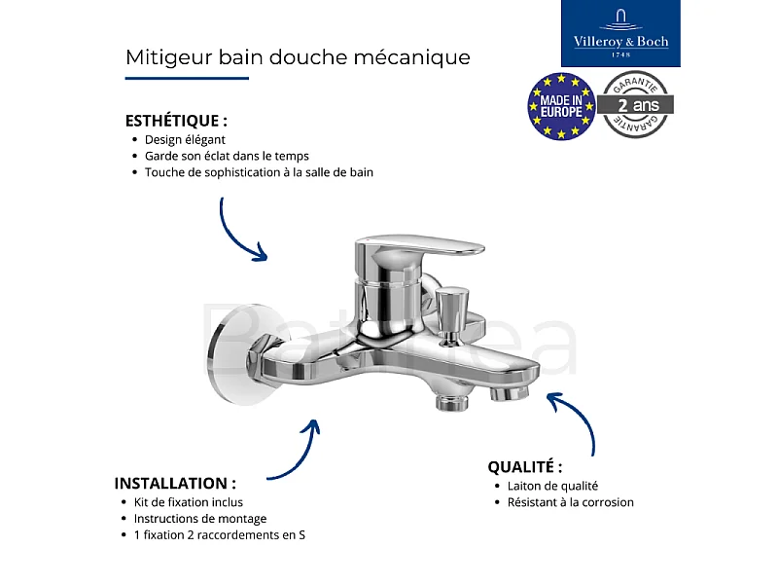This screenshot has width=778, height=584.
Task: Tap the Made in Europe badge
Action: tap(561, 105)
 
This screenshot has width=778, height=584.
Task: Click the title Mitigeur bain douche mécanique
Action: tap(298, 57)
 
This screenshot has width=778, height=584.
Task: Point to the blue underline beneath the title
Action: tap(187, 78)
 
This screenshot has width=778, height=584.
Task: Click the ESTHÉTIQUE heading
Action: tap(176, 122)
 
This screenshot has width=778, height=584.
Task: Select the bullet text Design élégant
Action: tap(185, 139)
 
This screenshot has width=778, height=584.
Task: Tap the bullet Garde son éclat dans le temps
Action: tap(227, 156)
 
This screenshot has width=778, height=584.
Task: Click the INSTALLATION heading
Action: tap(175, 483)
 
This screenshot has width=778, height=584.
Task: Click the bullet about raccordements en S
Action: tap(225, 535)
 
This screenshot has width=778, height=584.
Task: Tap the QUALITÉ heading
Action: tap(525, 467)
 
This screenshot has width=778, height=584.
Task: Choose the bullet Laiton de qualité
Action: tap(552, 486)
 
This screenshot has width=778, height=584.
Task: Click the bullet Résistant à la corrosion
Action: tap(570, 502)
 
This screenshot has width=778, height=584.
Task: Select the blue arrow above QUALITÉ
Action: tap(576, 417)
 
